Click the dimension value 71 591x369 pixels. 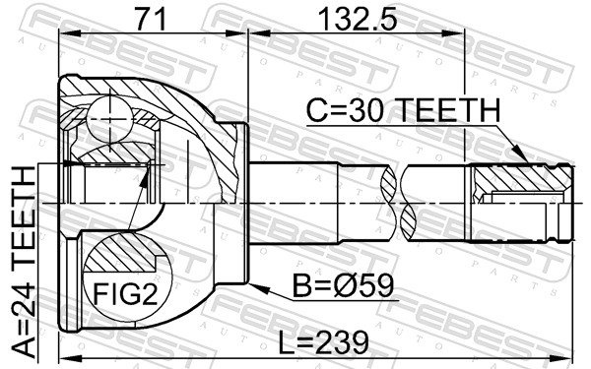coord(151,19)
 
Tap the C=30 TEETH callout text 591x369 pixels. coord(404,110)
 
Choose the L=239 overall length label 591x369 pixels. coord(323,341)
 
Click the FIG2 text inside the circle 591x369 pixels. coord(125,293)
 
